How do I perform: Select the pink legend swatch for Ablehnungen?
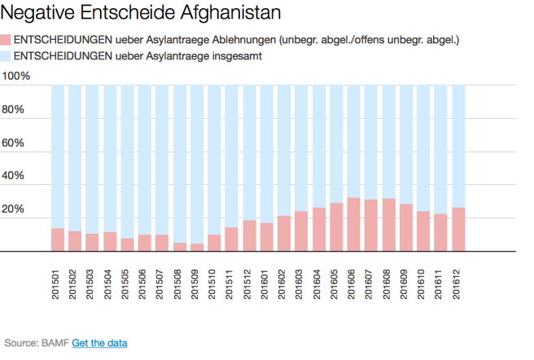(7, 40)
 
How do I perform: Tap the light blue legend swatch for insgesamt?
(7, 56)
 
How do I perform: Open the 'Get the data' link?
(99, 344)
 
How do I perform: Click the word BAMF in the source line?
(55, 344)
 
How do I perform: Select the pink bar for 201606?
(353, 225)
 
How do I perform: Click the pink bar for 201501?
(58, 240)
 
